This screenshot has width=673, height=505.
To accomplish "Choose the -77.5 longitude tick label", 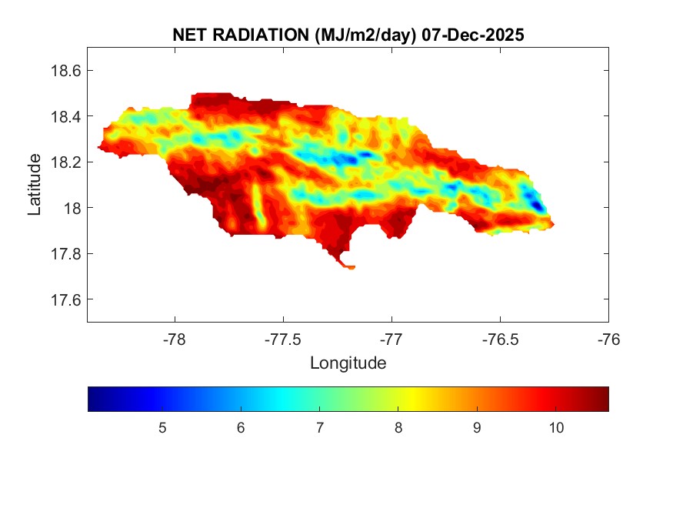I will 284,339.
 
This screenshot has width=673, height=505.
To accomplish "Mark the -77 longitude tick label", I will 392,339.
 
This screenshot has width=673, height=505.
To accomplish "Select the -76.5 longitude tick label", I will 501,339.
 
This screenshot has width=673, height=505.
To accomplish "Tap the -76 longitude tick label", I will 609,339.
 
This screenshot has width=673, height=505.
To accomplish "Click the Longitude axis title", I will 348,363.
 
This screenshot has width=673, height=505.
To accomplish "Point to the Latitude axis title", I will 35,185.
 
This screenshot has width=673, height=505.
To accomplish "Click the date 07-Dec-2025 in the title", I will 475,35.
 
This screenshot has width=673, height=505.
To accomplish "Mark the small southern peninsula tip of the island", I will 350,267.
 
